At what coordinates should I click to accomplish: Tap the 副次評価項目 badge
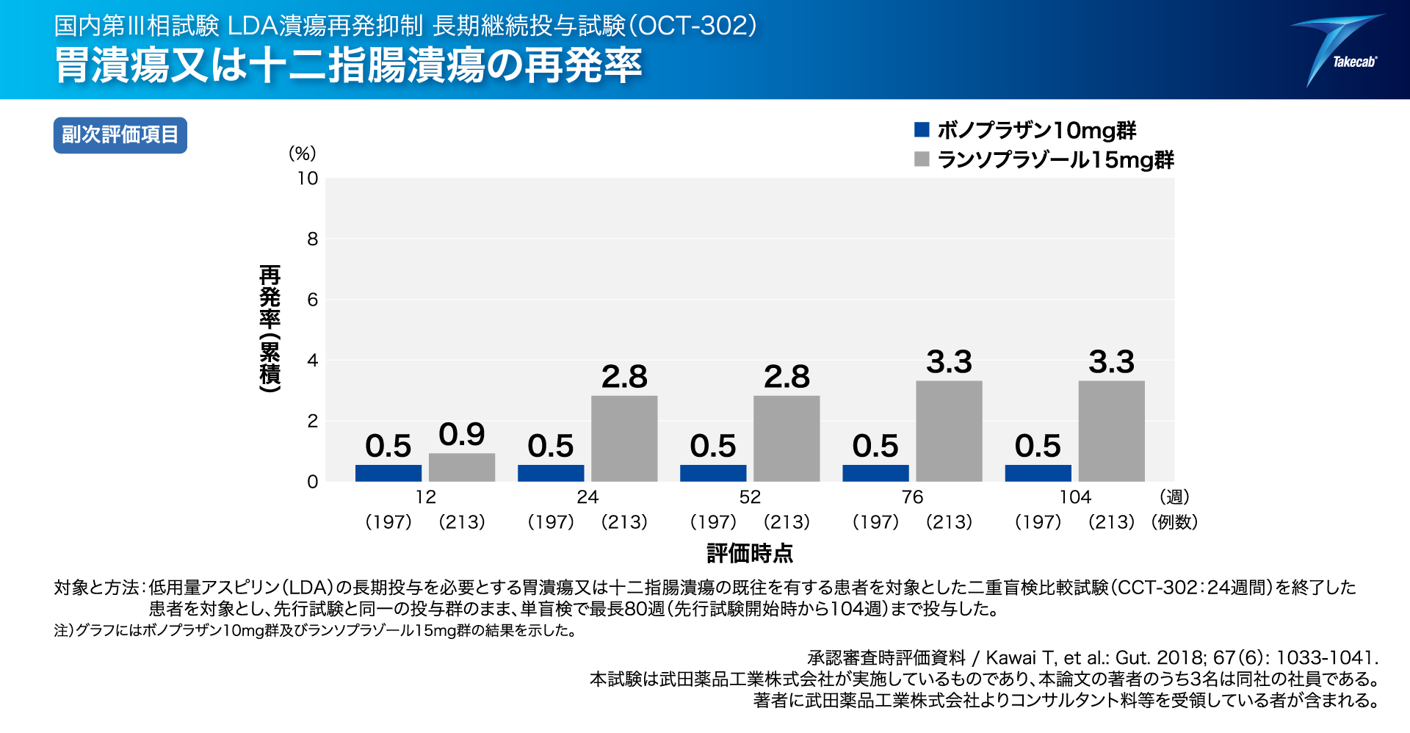[120, 135]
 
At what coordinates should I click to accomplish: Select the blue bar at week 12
[388, 473]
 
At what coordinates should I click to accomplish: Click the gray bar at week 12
[462, 467]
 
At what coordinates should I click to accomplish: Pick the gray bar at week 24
[624, 438]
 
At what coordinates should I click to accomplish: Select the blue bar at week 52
[713, 473]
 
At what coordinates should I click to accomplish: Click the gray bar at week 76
[949, 431]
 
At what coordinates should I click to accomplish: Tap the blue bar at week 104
[1038, 473]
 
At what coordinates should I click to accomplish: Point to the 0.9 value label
[462, 434]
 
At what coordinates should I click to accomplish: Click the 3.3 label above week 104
[1111, 362]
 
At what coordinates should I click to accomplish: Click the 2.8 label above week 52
[787, 377]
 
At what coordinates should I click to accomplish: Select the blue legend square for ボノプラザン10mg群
[922, 130]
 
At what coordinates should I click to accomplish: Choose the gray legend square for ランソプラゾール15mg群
[922, 159]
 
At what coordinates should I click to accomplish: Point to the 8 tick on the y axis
[312, 239]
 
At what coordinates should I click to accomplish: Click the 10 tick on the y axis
[308, 178]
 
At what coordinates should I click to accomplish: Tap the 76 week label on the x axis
[912, 497]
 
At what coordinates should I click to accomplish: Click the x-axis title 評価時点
[750, 553]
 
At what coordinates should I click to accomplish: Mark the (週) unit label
[1174, 497]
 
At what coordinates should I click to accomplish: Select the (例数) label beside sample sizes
[1174, 522]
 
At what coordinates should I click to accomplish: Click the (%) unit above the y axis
[302, 154]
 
